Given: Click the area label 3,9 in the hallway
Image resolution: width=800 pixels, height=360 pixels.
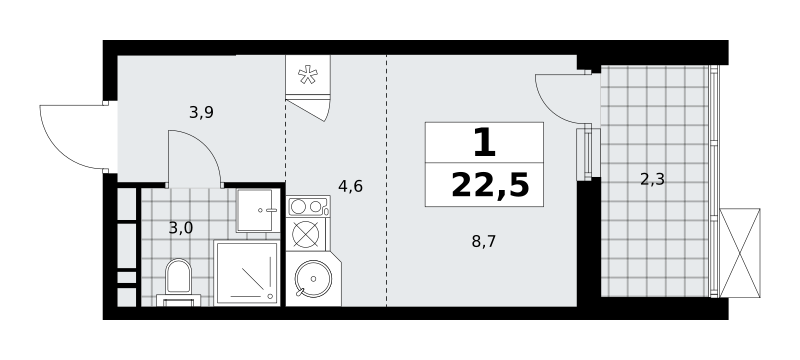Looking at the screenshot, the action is coord(201,113).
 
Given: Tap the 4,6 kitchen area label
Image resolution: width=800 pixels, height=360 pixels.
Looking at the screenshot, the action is coord(351,187).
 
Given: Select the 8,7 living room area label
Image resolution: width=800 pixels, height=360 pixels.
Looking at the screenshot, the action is coord(484,241).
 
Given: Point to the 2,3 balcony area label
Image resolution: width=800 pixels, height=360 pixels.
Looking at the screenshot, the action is coord(653,179).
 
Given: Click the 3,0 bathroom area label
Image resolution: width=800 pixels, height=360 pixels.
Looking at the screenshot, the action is coord(181,228).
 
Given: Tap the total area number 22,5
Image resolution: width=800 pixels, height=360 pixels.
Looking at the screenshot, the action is coord(490,185).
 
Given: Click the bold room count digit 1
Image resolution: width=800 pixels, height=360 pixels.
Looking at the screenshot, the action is coord(484,143).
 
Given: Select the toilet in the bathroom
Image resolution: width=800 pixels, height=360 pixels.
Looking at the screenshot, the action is coord(179,282).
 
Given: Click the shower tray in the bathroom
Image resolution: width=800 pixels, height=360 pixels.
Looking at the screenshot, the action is coord(247,273).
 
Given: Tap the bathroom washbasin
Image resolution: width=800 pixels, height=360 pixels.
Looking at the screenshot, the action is coord(258,210).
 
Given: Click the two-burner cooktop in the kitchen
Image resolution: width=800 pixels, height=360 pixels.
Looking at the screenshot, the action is coord(308,207).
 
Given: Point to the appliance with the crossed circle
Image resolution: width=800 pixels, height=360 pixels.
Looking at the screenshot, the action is coord(306,234).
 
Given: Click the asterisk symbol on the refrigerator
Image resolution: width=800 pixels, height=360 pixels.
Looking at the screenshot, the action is coord(308,75).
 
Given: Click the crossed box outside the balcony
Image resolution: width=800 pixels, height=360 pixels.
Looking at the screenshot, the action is coord(740,252).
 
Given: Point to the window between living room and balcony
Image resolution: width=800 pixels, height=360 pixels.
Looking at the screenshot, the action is coord(588,153).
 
